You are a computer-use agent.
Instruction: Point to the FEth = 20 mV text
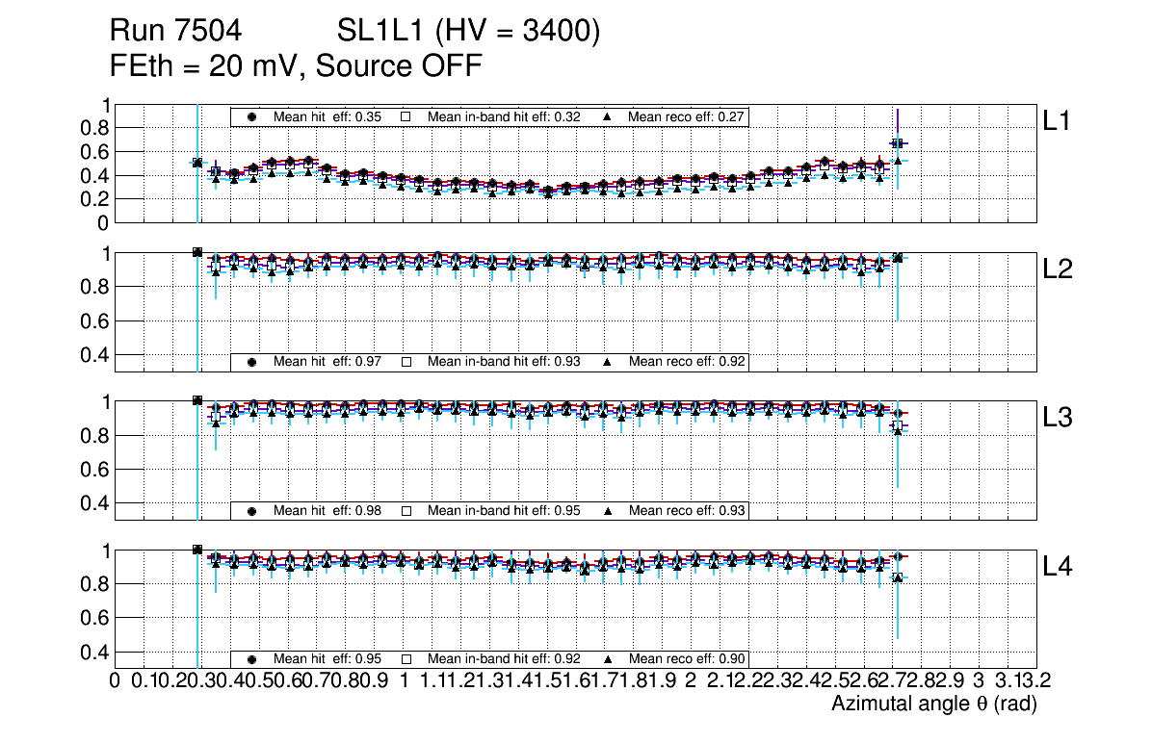[206, 66]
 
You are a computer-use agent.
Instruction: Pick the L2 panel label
[1058, 269]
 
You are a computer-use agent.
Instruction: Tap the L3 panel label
[1058, 418]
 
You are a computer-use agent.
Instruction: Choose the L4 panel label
[1058, 567]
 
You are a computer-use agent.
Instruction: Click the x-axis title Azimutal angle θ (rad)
[933, 705]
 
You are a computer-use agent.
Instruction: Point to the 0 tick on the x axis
[116, 681]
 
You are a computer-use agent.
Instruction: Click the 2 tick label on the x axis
[691, 681]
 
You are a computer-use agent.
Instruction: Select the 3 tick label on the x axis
[978, 681]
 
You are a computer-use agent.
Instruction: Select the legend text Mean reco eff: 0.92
[688, 362]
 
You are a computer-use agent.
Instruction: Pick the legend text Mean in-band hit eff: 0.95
[504, 510]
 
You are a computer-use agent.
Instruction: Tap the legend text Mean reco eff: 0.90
[688, 659]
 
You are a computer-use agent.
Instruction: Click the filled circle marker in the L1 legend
[252, 117]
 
